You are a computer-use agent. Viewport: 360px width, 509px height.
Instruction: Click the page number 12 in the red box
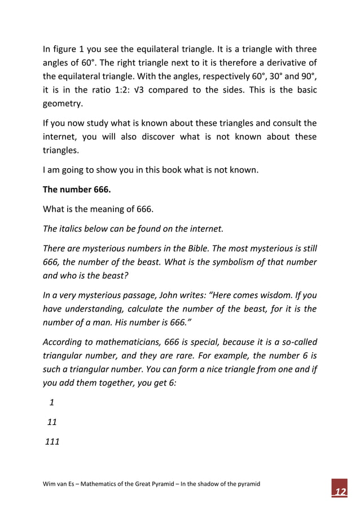click(x=339, y=492)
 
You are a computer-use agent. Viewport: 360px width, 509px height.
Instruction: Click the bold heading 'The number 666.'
click(x=77, y=190)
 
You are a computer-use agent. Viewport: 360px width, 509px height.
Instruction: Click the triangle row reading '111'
click(x=52, y=441)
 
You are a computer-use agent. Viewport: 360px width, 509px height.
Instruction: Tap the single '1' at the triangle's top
click(x=52, y=402)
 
